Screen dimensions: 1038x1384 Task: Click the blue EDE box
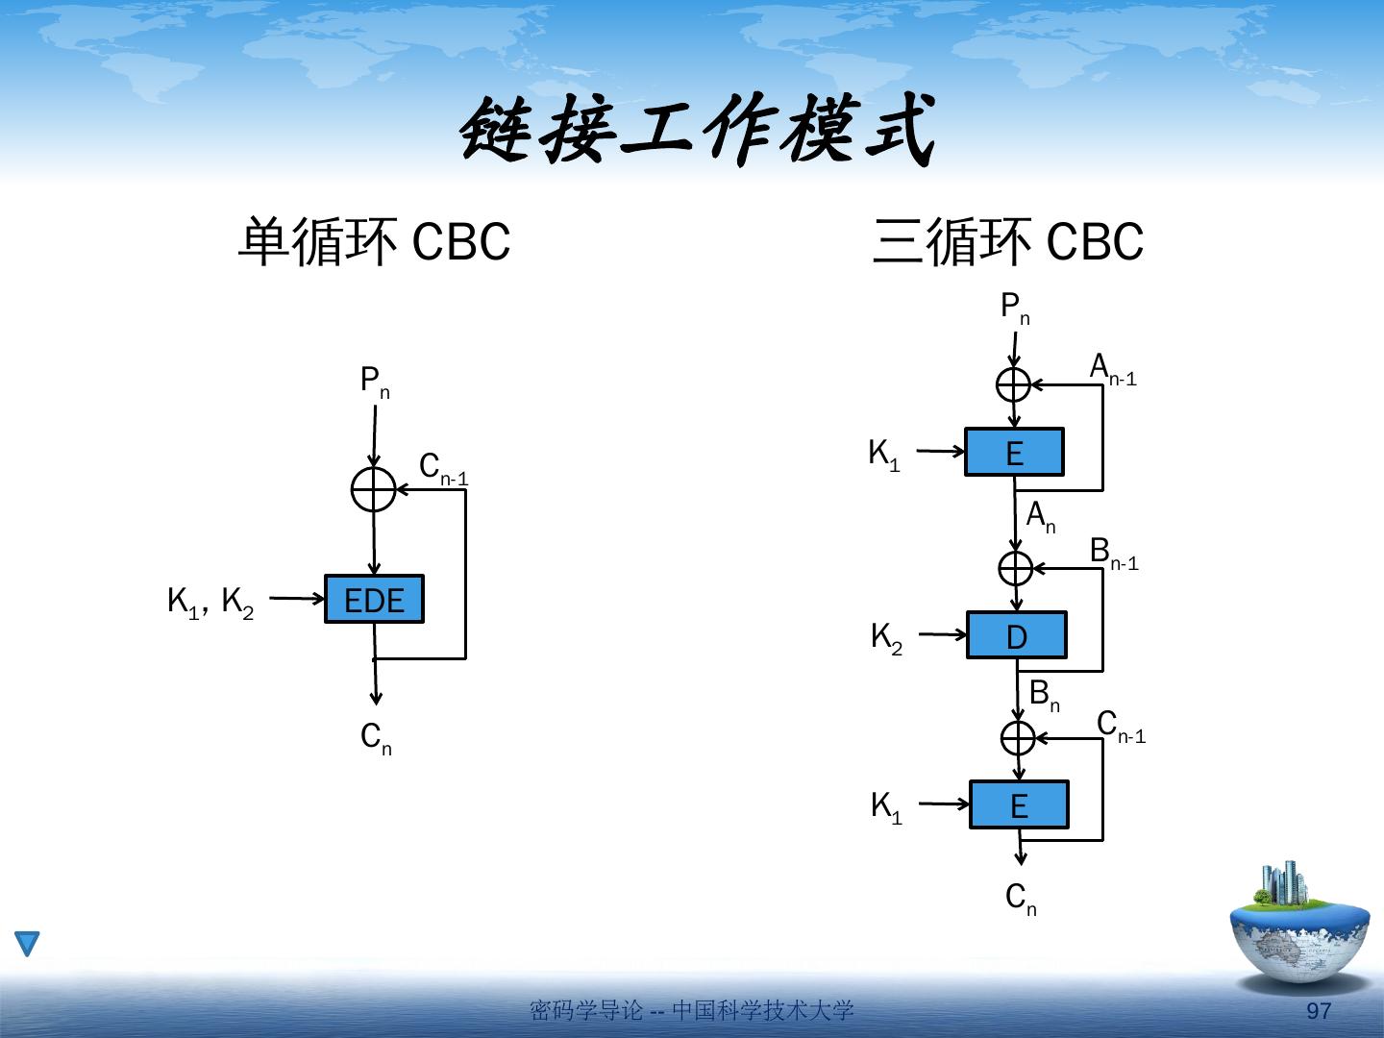pyautogui.click(x=374, y=600)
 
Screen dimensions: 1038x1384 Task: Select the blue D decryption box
pyautogui.click(x=1016, y=635)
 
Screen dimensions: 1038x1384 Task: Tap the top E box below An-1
pyautogui.click(x=1014, y=452)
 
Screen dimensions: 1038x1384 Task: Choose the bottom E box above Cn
pyautogui.click(x=1019, y=804)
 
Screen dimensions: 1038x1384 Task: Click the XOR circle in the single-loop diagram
pyautogui.click(x=374, y=490)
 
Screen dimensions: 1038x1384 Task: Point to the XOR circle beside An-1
pyautogui.click(x=1014, y=384)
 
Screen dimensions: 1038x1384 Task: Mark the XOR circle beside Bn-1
pyautogui.click(x=1016, y=568)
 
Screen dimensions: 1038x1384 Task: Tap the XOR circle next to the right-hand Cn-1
pyautogui.click(x=1018, y=738)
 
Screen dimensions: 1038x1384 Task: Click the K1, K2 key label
pyautogui.click(x=210, y=603)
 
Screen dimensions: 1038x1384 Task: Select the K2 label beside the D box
pyautogui.click(x=886, y=637)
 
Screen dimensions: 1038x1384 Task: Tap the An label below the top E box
pyautogui.click(x=1041, y=517)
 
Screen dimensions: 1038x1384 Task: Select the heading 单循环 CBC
pyautogui.click(x=373, y=242)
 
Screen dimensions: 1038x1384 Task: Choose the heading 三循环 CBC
pyautogui.click(x=1007, y=242)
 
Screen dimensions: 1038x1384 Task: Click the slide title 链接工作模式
pyautogui.click(x=697, y=132)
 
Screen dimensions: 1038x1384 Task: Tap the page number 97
pyautogui.click(x=1320, y=1011)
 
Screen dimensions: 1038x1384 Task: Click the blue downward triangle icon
pyautogui.click(x=28, y=944)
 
